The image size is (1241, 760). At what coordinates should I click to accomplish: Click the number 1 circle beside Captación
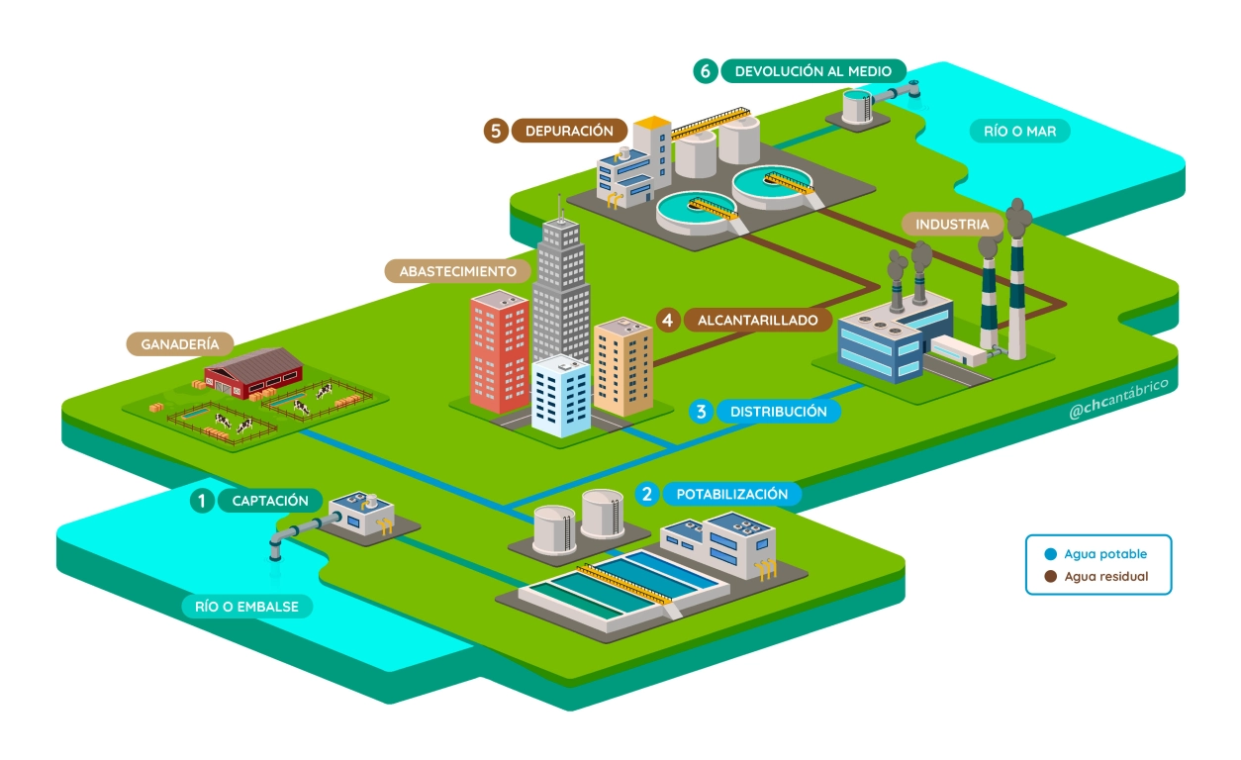(x=202, y=501)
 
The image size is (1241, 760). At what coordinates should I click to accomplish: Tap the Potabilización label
(x=731, y=493)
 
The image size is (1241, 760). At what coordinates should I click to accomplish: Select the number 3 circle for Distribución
(x=701, y=412)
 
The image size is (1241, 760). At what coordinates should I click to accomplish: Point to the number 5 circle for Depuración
(x=496, y=131)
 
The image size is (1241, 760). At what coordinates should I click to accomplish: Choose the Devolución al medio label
(x=812, y=71)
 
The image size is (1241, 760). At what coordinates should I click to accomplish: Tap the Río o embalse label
(x=246, y=606)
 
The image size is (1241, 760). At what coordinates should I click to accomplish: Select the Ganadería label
(x=179, y=344)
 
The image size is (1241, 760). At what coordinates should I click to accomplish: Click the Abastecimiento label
(x=457, y=271)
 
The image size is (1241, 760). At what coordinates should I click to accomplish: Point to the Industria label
(x=952, y=225)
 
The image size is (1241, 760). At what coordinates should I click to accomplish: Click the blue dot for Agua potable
(x=1050, y=554)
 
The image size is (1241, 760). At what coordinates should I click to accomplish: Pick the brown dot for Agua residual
(x=1050, y=576)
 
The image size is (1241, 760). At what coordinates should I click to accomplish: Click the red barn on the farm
(x=251, y=372)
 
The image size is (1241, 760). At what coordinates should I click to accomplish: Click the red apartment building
(x=500, y=351)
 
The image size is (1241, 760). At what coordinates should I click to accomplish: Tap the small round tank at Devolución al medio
(x=857, y=105)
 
